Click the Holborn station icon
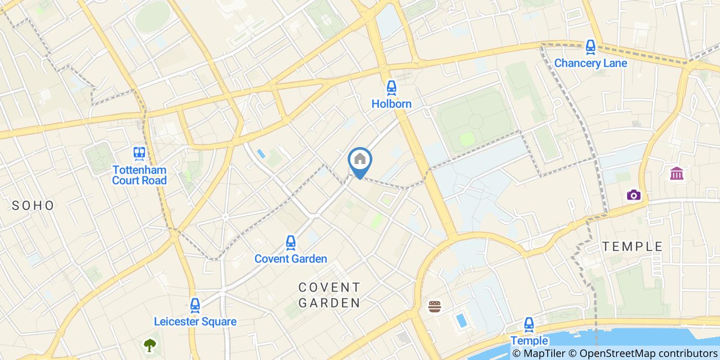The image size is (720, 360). tap(391, 87)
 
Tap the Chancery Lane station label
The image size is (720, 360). tap(590, 63)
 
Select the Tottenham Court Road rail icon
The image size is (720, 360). tap(139, 153)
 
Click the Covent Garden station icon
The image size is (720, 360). tap(291, 242)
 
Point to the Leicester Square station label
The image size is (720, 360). tap(195, 322)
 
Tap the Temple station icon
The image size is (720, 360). tap(529, 325)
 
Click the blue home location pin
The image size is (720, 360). tap(360, 160)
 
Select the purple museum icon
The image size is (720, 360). tap(677, 173)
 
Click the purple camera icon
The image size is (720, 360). tap(634, 194)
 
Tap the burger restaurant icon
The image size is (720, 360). tap(435, 307)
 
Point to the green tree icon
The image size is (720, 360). tap(150, 345)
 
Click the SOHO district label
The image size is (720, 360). tap(33, 206)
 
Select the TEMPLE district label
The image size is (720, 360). tap(633, 246)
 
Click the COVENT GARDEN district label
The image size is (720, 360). tap(330, 295)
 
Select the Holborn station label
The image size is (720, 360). tap(391, 104)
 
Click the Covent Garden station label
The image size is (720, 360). tap(291, 259)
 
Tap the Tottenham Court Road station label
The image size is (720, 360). tap(139, 175)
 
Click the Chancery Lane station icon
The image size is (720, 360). tap(590, 47)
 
